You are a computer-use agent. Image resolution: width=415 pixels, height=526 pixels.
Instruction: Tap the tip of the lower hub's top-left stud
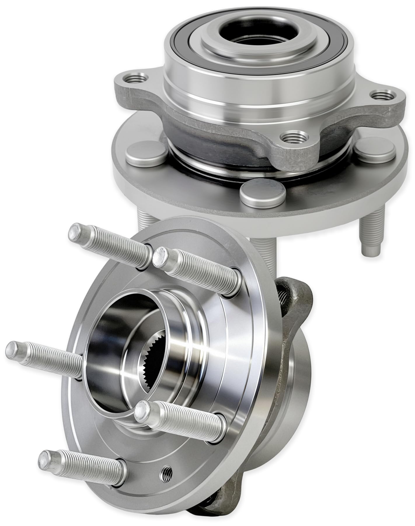[x=75, y=231]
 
